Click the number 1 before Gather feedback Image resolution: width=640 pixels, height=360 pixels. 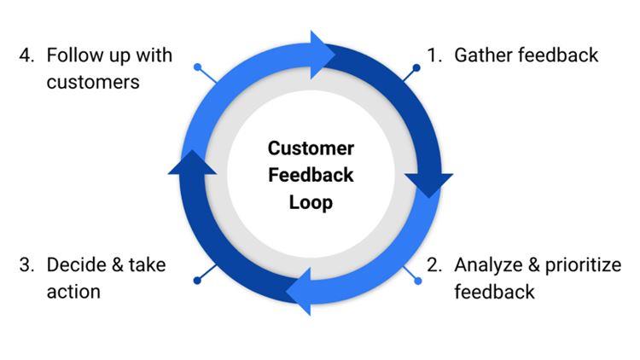click(x=433, y=55)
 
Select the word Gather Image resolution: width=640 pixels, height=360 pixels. click(x=481, y=55)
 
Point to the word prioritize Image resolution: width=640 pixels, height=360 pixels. click(x=580, y=264)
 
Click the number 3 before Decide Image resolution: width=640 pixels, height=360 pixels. click(x=26, y=264)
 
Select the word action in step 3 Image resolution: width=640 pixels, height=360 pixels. click(x=73, y=292)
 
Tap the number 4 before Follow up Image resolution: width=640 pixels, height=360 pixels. click(x=26, y=55)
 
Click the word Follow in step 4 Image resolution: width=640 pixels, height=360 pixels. click(x=72, y=55)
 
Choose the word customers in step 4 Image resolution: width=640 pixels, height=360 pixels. click(x=93, y=83)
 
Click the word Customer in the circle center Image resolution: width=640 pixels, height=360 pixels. click(x=311, y=148)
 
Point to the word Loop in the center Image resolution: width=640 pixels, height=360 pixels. click(x=311, y=204)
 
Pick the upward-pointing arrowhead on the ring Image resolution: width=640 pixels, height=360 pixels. click(x=192, y=165)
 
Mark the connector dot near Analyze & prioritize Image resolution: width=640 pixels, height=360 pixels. click(x=418, y=280)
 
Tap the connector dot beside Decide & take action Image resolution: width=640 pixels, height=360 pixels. click(x=198, y=280)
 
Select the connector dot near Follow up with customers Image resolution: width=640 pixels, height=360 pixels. click(x=198, y=66)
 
